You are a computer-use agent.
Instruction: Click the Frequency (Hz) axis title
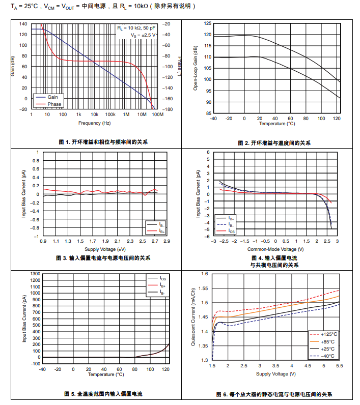(94, 123)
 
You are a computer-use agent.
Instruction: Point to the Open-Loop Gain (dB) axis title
(195, 68)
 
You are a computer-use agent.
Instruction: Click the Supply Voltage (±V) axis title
(105, 249)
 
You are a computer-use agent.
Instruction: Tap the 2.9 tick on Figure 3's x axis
(167, 241)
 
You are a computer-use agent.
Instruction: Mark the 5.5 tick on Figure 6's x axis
(339, 366)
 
